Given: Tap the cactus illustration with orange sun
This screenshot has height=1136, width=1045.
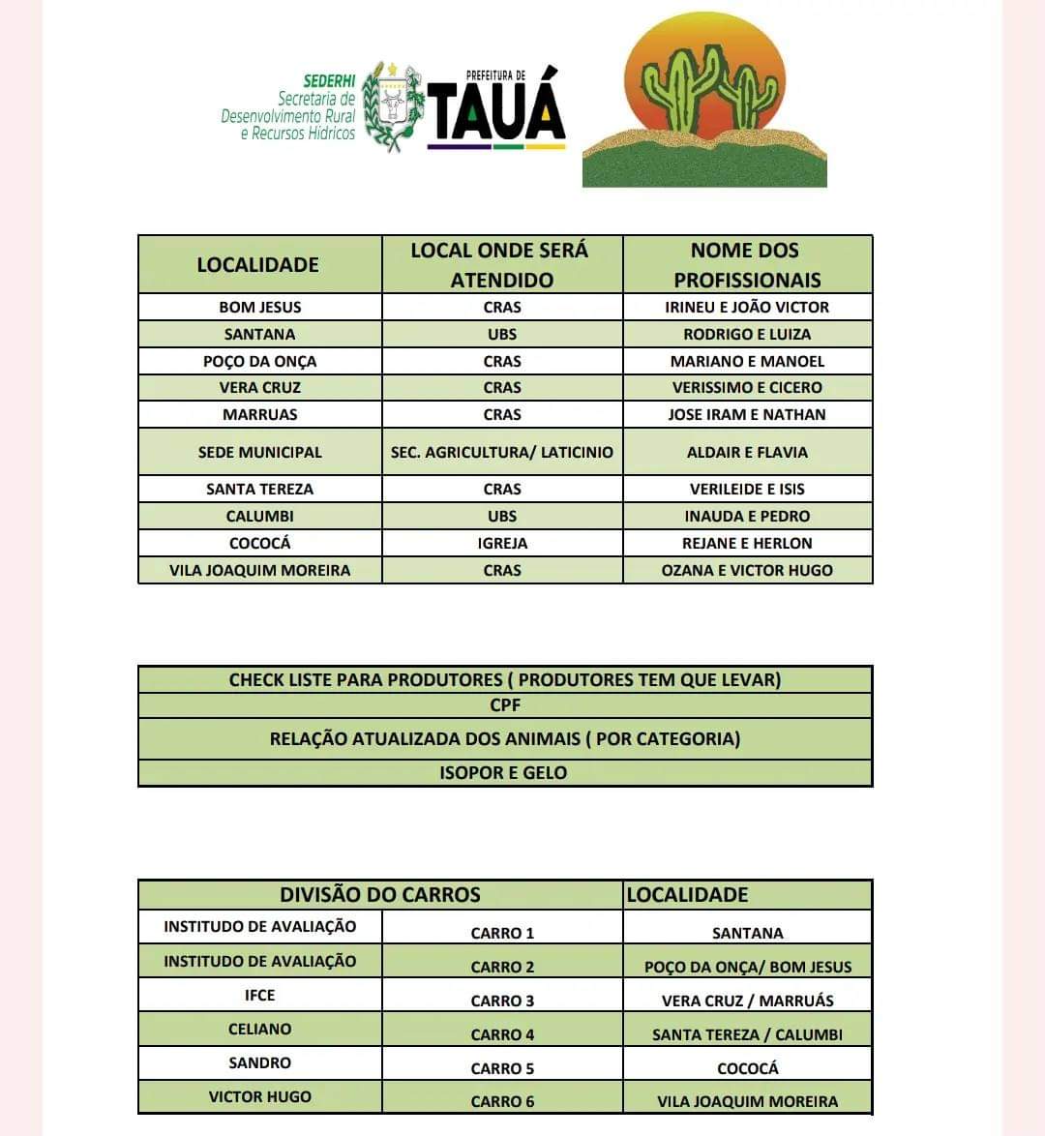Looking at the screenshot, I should point(704,101).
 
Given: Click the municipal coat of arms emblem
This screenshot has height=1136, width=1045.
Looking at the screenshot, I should point(393,106).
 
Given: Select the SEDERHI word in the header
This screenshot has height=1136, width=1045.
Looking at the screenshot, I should point(329,82).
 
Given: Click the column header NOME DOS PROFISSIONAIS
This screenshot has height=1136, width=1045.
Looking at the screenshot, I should point(747,265).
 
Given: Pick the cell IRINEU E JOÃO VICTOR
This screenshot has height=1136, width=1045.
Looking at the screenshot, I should point(747,307).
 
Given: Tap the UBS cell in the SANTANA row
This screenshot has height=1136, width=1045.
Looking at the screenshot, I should point(502,334).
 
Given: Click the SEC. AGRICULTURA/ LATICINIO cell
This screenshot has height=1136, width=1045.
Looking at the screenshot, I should point(502,452).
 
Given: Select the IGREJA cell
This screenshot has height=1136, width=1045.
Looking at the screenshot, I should point(502,543).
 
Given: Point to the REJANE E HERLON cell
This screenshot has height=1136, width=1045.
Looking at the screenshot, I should point(747,543).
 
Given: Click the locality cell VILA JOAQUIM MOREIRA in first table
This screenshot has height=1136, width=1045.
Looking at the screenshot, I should point(259,570).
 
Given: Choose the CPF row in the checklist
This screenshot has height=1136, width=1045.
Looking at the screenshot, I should point(505,704).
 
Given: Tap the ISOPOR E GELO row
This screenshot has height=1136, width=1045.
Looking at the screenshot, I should point(503,772).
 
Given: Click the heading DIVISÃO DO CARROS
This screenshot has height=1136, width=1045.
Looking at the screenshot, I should point(380,894).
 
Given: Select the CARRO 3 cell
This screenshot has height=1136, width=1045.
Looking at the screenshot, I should point(502,1000).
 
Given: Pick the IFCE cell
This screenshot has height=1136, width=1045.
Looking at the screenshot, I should point(259,995).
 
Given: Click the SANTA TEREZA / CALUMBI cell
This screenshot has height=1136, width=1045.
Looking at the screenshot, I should point(747,1033).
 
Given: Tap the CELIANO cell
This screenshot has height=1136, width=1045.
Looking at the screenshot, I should point(259,1029).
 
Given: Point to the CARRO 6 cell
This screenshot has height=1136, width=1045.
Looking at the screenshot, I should point(502,1100).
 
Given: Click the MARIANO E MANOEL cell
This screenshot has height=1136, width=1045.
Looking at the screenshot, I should point(747,361).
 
